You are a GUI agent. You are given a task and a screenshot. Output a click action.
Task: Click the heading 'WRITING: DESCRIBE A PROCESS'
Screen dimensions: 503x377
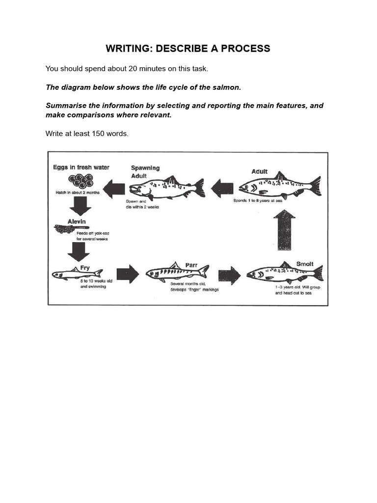[188, 48]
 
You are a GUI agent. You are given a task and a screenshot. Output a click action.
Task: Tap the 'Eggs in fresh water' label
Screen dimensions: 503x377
[81, 168]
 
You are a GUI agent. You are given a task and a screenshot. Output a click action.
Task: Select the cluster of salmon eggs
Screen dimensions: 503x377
[81, 182]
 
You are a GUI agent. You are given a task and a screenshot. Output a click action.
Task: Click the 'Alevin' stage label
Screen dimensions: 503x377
[77, 222]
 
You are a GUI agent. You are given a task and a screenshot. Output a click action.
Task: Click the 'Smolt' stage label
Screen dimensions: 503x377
[304, 264]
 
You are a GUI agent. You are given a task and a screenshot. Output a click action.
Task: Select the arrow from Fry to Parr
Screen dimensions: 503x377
[128, 274]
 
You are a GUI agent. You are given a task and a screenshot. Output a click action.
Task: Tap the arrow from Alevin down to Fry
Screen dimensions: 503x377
[78, 250]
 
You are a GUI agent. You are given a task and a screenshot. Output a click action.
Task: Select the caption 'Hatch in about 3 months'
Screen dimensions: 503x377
[78, 193]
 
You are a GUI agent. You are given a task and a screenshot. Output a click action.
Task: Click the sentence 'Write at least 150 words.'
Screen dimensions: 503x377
[87, 134]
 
